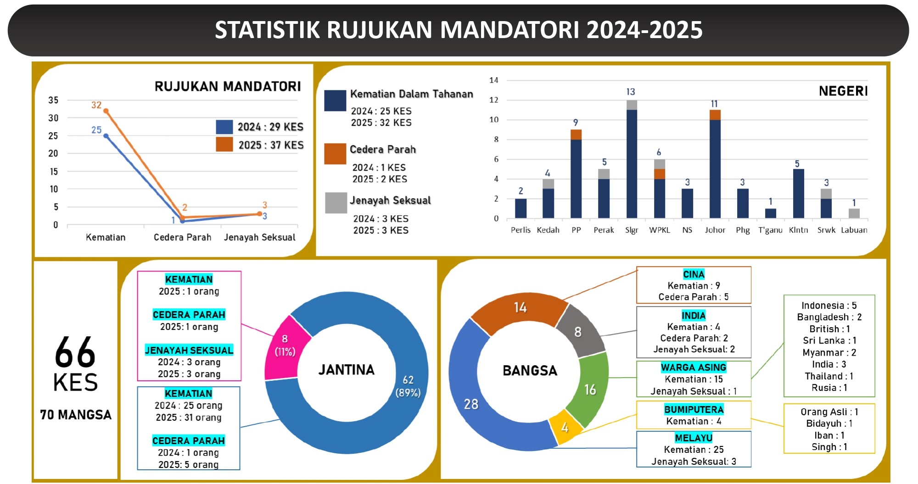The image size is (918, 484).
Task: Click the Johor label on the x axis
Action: point(715,230)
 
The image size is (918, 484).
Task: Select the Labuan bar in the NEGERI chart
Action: point(854,213)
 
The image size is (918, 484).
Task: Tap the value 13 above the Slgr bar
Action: point(631,92)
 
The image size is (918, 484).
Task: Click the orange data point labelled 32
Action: point(106,111)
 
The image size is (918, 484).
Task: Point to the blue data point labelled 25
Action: point(106,136)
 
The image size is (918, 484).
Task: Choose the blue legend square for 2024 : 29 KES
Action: point(224,127)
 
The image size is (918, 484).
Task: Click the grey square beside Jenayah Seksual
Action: point(336,203)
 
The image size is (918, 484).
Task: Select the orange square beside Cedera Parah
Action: point(335,154)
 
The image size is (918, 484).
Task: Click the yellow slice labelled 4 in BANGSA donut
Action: point(565,427)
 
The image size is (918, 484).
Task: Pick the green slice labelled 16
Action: point(590,389)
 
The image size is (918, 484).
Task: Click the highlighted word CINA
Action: point(694,274)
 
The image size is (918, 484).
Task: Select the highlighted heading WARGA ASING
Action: point(694,367)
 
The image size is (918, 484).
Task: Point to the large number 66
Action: point(75,352)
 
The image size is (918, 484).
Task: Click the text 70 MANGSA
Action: point(76,415)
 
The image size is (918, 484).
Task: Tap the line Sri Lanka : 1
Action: point(829,340)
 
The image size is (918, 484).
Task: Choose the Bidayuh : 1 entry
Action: point(829,423)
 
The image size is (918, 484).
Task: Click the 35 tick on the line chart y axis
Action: point(53,100)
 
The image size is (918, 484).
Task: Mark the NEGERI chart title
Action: point(843,91)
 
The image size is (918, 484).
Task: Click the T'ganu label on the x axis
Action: point(770,230)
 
